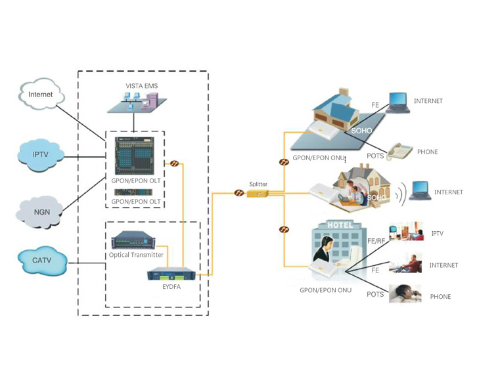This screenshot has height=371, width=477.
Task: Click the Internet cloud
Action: coord(41,95)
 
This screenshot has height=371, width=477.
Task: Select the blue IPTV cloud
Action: coord(41,155)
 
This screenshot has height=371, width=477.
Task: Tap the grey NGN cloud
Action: coord(41,211)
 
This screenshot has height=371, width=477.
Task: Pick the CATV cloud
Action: coord(41,261)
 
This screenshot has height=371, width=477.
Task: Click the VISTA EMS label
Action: coord(142,86)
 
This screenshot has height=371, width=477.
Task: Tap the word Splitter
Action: coord(258,185)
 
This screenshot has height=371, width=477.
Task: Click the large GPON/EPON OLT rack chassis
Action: coord(134,155)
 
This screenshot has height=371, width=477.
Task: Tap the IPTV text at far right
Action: coord(438,234)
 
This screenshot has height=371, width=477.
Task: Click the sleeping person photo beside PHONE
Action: coord(405,294)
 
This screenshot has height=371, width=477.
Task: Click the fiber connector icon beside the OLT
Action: coord(175,163)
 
